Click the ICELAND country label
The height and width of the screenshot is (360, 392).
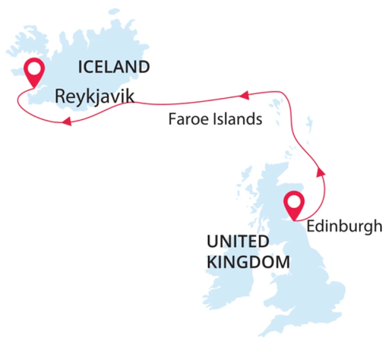tap(113, 66)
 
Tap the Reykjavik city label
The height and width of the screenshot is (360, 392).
tap(94, 96)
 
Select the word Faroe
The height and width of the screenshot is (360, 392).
tap(185, 120)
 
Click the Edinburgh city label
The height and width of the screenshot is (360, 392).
tap(345, 226)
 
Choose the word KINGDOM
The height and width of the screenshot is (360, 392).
tap(248, 262)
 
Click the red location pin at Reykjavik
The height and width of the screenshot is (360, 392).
tap(35, 72)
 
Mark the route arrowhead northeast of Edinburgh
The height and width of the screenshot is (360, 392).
tap(320, 172)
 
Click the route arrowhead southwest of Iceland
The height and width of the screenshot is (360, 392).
tap(65, 122)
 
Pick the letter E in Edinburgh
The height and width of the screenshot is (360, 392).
tap(310, 226)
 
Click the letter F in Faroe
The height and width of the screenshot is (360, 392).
tap(172, 120)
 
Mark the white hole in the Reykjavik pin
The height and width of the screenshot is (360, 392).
tap(35, 68)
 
